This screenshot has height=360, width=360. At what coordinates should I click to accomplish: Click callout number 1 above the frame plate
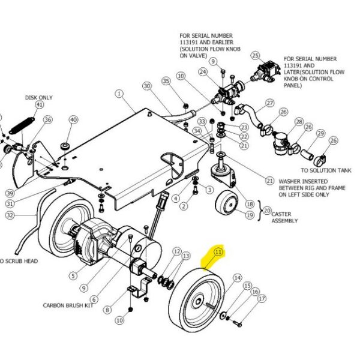coord(119,94)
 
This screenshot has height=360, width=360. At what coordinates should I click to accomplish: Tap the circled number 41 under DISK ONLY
coord(40,105)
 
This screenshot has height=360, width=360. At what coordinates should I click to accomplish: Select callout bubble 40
coord(73,120)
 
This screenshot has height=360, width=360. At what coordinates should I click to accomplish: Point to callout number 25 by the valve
coord(255,56)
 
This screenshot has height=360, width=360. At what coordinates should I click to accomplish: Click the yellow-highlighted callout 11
coord(218,253)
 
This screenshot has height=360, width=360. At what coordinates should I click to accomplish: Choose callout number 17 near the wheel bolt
coord(261,298)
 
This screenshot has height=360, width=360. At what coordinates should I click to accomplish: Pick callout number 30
coord(146,86)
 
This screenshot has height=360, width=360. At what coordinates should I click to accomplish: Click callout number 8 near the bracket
coord(107,310)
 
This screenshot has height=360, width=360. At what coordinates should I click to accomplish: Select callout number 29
coord(320,133)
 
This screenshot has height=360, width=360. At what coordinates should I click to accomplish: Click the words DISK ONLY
coord(38,97)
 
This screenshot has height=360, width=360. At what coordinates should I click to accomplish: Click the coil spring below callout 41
coord(20,127)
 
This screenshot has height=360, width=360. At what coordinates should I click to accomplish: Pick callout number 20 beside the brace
coord(267,210)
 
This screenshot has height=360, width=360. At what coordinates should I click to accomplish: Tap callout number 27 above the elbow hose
coord(269,103)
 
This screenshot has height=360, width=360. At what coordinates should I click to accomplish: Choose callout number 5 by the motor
coord(73,276)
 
